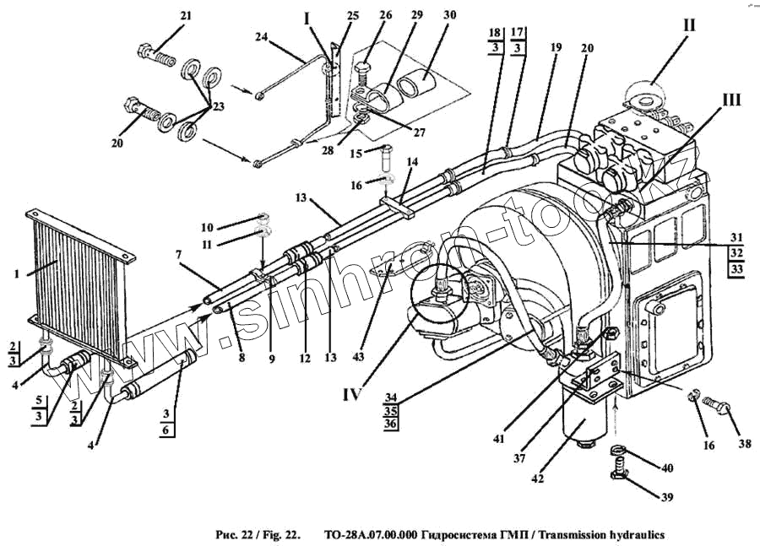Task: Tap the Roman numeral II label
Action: point(689,25)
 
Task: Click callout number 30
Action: point(449,15)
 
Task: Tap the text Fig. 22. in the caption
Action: point(279,535)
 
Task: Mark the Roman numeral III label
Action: point(730,100)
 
